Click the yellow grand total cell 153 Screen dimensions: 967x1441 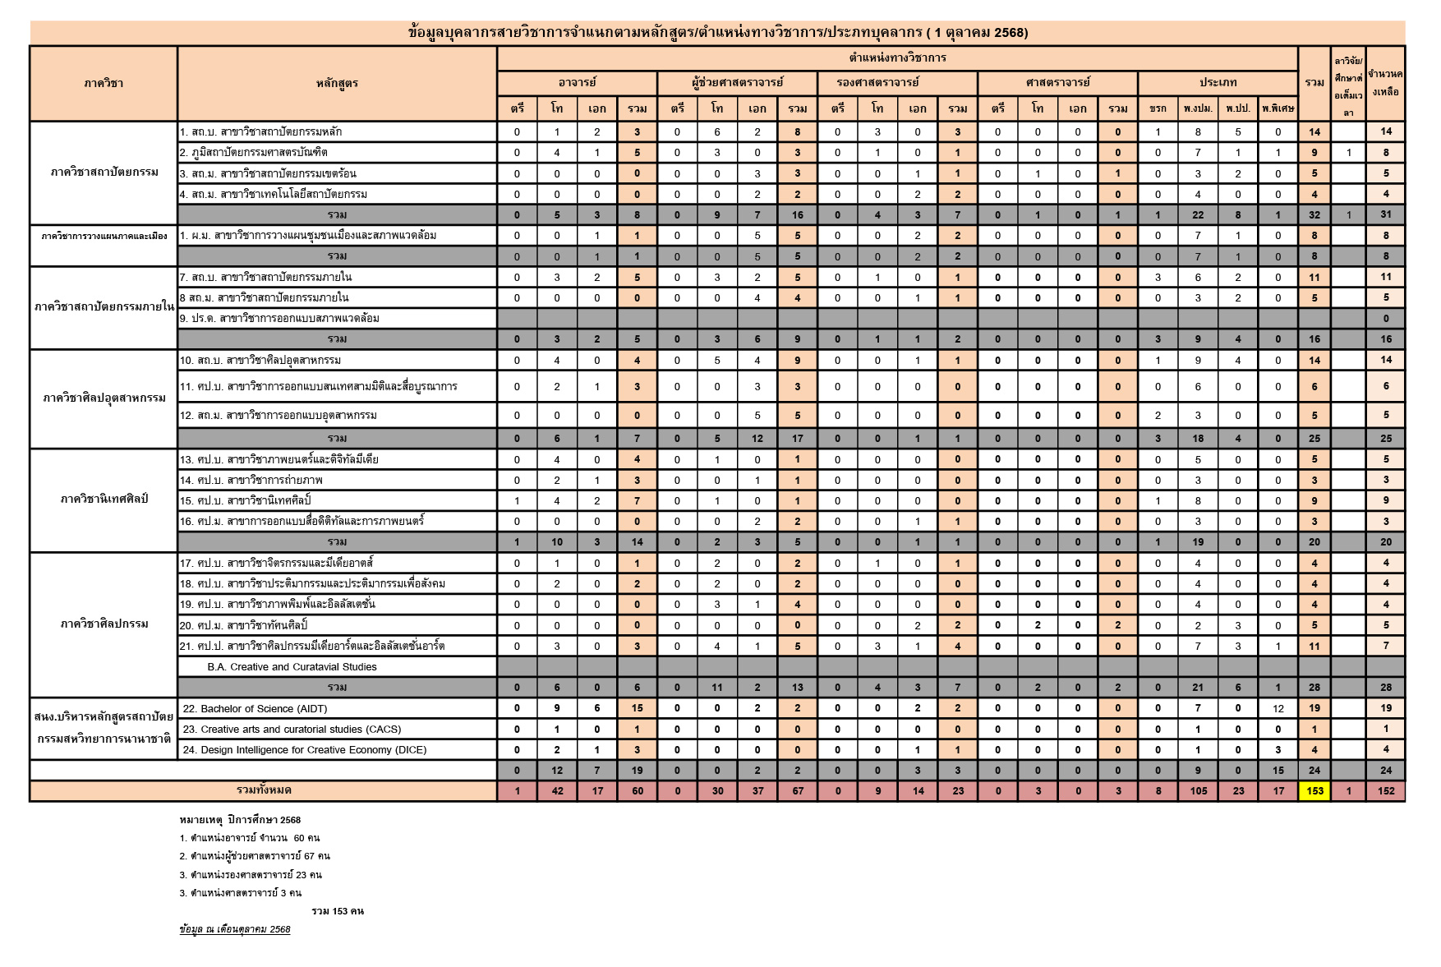click(x=1314, y=791)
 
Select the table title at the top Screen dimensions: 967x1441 click(x=717, y=33)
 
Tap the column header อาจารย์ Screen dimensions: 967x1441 click(x=577, y=82)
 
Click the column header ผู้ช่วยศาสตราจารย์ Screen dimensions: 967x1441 click(x=737, y=82)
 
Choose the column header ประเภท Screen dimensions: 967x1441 click(x=1218, y=82)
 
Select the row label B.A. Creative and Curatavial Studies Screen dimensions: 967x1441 click(x=292, y=666)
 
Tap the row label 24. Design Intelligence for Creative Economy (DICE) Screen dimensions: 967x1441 click(x=304, y=749)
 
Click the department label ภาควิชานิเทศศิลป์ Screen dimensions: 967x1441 click(x=104, y=499)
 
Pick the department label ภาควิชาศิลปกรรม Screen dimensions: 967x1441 click(x=104, y=624)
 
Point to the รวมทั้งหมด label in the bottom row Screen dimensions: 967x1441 click(x=263, y=790)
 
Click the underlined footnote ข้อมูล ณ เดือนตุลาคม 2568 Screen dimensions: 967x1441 click(x=235, y=929)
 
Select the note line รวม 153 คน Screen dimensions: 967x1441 click(x=337, y=911)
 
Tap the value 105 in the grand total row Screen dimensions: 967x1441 click(x=1198, y=791)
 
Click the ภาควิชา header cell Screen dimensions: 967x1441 click(x=104, y=83)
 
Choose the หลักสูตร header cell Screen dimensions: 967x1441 click(x=337, y=83)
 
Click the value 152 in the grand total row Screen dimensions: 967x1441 click(x=1386, y=791)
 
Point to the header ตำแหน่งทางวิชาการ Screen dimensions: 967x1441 click(x=897, y=58)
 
